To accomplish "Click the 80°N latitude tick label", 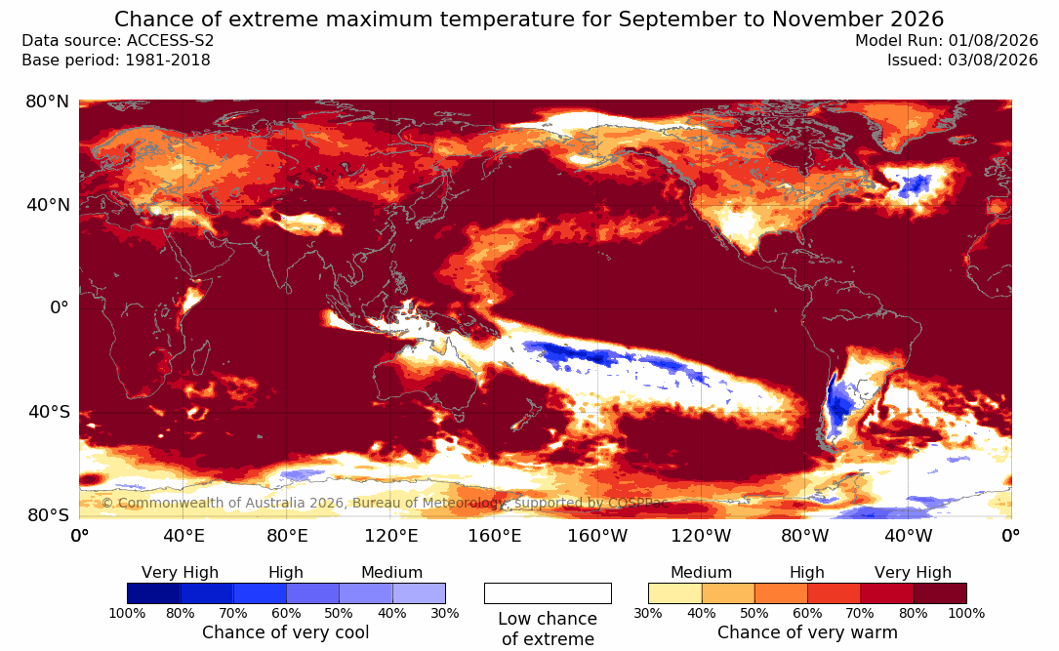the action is pyautogui.click(x=47, y=102).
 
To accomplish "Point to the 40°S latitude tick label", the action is pyautogui.click(x=49, y=412).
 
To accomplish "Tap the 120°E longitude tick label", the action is pyautogui.click(x=391, y=536).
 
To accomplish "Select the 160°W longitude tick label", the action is pyautogui.click(x=597, y=536).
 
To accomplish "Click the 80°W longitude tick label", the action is pyautogui.click(x=804, y=536).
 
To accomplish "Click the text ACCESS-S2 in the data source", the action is pyautogui.click(x=170, y=41).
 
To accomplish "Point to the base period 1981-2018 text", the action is pyautogui.click(x=168, y=61).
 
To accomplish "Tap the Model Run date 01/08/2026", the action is pyautogui.click(x=992, y=41).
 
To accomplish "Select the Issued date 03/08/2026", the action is pyautogui.click(x=993, y=61).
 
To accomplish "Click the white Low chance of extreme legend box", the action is pyautogui.click(x=548, y=593).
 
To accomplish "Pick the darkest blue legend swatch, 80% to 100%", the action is pyautogui.click(x=154, y=593).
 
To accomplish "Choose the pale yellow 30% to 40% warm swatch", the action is pyautogui.click(x=674, y=593).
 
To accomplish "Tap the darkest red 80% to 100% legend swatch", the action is pyautogui.click(x=940, y=593).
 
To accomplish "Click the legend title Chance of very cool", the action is pyautogui.click(x=286, y=632).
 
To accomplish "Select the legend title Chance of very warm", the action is pyautogui.click(x=807, y=632).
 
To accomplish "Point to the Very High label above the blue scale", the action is pyautogui.click(x=180, y=573).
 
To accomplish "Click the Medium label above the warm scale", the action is pyautogui.click(x=701, y=573).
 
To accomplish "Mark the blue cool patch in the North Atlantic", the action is pyautogui.click(x=914, y=183).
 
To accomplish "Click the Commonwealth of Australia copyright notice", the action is pyautogui.click(x=385, y=503).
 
